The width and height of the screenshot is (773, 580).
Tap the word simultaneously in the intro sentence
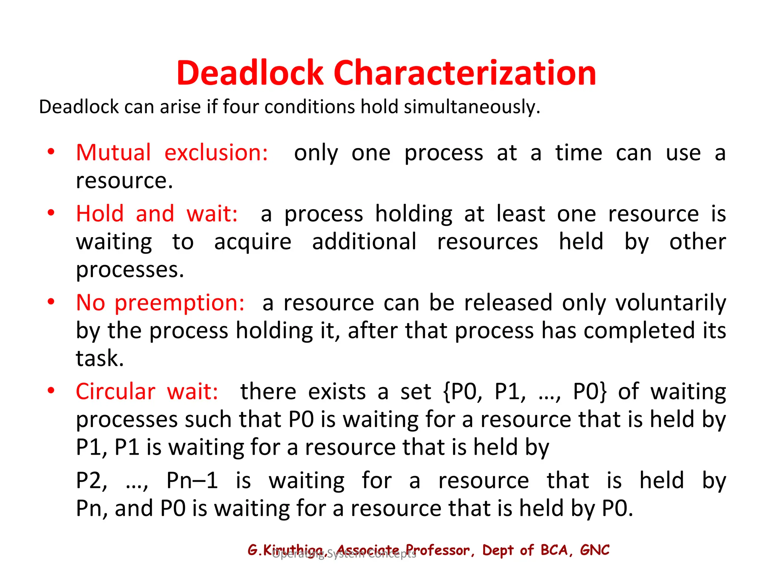472,107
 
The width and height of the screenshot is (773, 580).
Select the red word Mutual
113,153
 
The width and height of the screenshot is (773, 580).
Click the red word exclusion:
216,153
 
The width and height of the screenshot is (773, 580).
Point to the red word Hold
100,214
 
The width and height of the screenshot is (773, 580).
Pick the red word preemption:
180,303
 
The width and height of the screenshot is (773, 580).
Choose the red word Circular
115,392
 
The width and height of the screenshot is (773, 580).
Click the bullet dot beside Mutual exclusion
51,152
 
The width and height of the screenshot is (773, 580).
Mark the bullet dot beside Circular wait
51,390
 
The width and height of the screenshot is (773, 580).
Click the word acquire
253,242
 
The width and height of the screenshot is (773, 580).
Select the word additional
364,242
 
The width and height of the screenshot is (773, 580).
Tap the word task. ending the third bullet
100,358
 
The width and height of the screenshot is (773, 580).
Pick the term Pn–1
192,481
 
